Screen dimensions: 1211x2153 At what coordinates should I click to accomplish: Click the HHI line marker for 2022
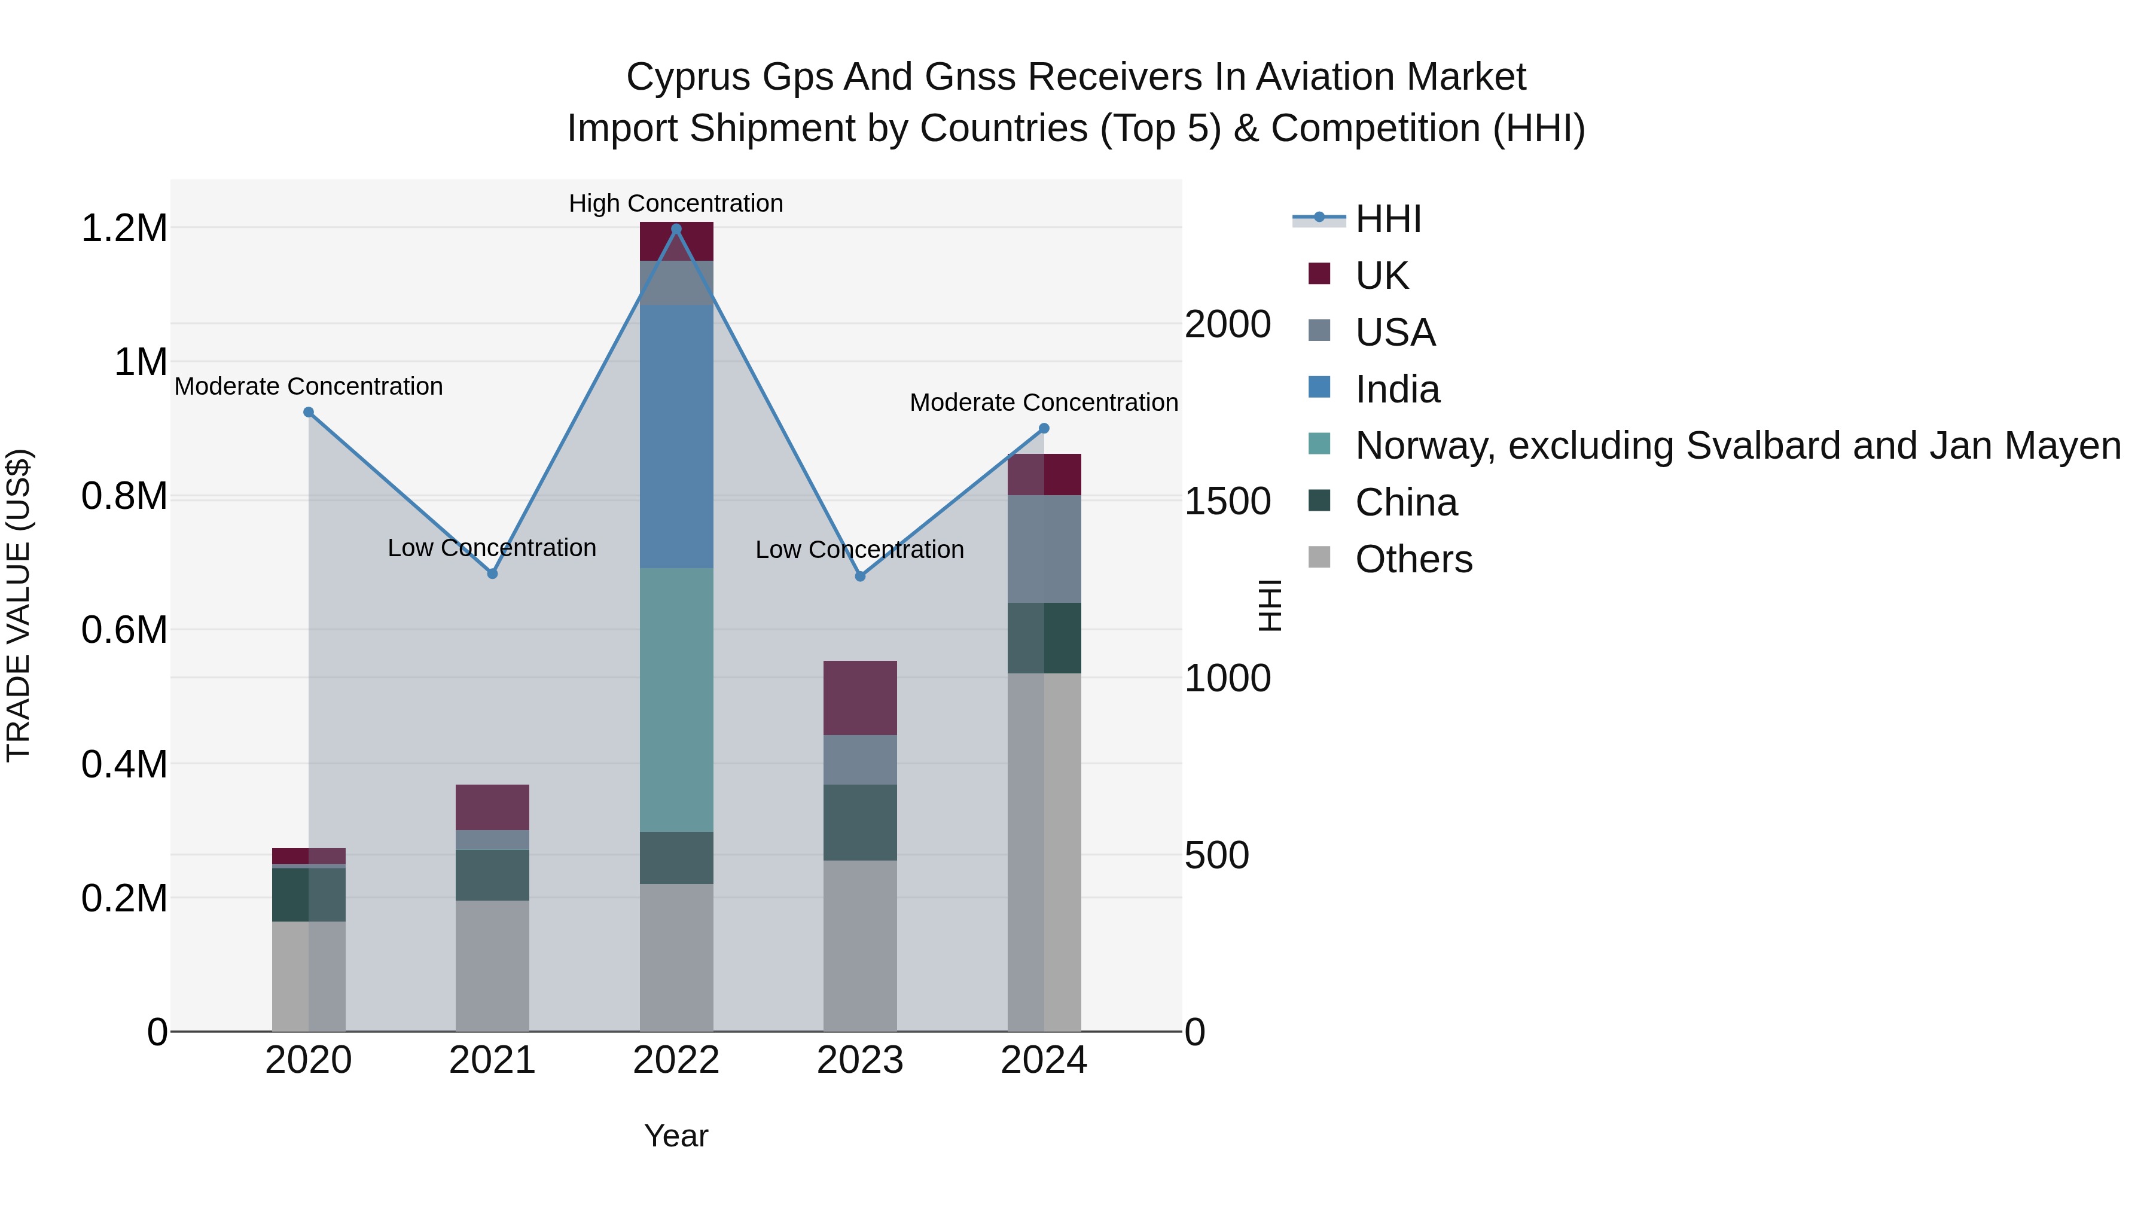(x=676, y=228)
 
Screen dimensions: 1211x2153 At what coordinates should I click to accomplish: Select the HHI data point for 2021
(x=492, y=574)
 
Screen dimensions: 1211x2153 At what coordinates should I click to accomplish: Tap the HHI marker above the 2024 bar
(x=1044, y=428)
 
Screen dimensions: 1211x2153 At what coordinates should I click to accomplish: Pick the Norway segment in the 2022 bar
(x=676, y=700)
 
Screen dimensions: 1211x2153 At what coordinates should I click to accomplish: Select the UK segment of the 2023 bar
(x=860, y=697)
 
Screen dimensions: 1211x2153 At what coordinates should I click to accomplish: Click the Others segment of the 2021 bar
(x=492, y=965)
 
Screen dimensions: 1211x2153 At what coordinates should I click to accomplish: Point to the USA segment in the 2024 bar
(x=1044, y=548)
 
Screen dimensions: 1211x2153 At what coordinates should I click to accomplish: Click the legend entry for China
(x=1406, y=502)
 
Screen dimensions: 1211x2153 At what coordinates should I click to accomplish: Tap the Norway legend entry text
(x=1737, y=446)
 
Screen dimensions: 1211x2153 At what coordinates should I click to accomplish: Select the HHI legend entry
(x=1387, y=219)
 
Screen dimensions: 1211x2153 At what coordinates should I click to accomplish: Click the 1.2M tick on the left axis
(x=124, y=228)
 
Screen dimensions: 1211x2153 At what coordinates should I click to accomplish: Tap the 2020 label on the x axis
(x=309, y=1060)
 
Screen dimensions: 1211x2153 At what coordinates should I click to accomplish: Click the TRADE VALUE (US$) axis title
(x=19, y=605)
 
